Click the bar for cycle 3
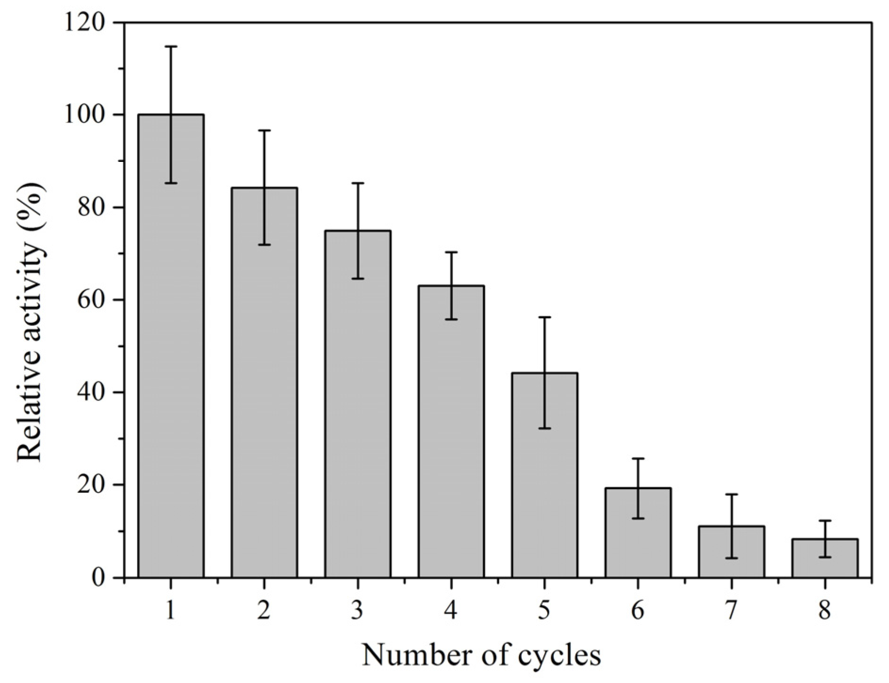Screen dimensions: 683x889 (x=357, y=405)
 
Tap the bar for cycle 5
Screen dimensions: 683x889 (x=544, y=475)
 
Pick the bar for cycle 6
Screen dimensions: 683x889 (x=638, y=534)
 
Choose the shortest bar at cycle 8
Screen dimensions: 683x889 (x=824, y=559)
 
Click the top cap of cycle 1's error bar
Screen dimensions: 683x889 (x=171, y=47)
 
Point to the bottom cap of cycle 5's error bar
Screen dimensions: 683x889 (x=544, y=428)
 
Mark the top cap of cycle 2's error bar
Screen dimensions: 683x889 (x=264, y=130)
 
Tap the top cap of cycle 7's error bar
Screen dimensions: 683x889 (x=731, y=494)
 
